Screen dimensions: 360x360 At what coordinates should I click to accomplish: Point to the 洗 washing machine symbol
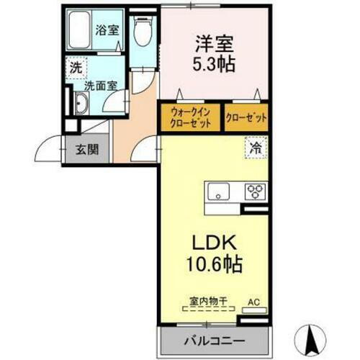[75, 70]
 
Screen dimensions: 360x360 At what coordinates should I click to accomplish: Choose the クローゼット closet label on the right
[246, 117]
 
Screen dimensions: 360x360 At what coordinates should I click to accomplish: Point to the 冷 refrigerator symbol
[256, 149]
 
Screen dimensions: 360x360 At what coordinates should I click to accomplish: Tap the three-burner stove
[255, 192]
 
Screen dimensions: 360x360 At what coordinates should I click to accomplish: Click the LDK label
[214, 243]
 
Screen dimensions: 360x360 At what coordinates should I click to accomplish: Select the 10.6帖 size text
[214, 264]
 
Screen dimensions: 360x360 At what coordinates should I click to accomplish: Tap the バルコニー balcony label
[213, 338]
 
